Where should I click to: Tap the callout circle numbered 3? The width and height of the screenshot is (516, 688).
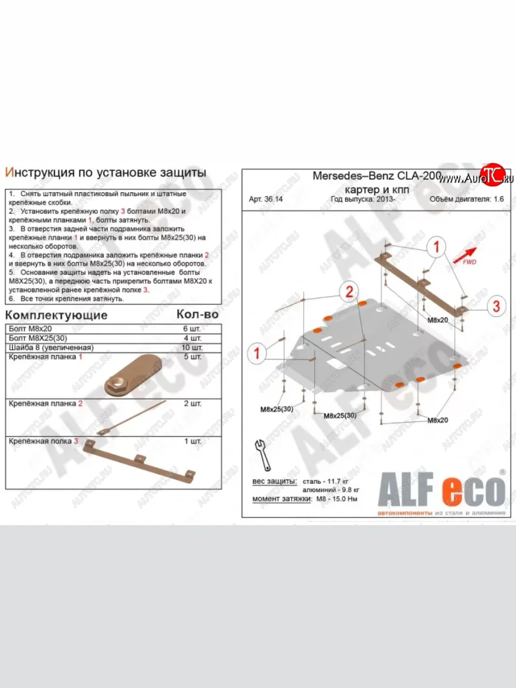497,306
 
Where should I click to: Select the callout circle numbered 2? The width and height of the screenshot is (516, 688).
347,292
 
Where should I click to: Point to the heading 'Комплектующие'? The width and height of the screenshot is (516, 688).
56,315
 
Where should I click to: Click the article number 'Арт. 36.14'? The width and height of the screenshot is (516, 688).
266,200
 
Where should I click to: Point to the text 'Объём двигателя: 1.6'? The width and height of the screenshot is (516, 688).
468,200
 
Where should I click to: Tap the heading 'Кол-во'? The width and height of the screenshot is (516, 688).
196,315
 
